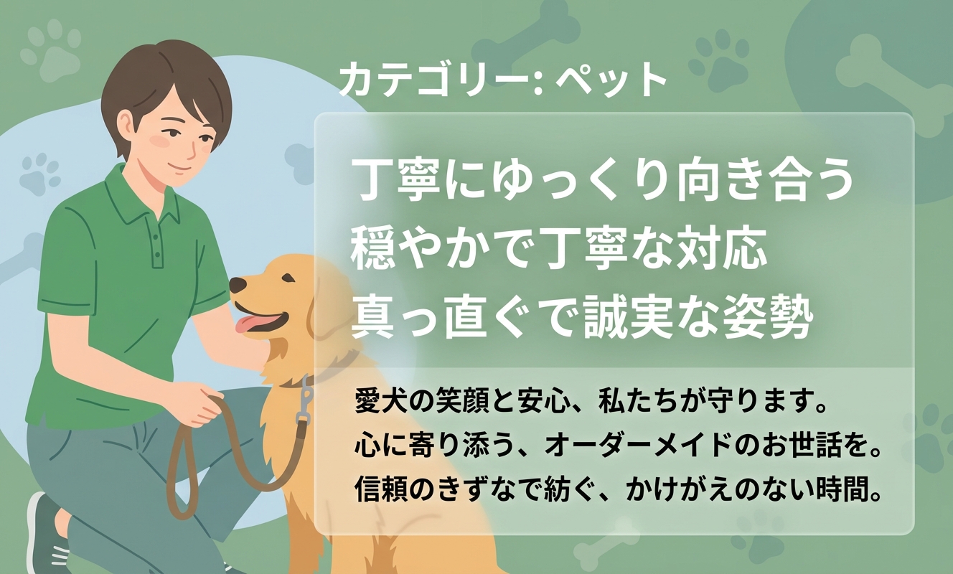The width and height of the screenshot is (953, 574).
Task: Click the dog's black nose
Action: coord(238,285)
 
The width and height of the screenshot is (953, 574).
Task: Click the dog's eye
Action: coord(288,278)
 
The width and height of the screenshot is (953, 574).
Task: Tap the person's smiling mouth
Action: coord(179,166)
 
